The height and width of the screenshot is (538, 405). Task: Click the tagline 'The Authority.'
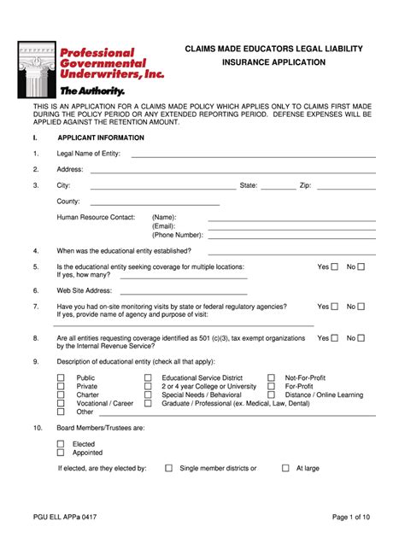click(91, 91)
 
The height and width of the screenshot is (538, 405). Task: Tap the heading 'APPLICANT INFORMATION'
click(101, 137)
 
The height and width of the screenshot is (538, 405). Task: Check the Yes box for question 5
click(335, 267)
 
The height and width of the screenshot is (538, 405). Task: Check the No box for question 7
click(361, 307)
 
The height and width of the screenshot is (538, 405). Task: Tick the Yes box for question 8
click(335, 338)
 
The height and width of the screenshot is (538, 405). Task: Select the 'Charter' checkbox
click(61, 395)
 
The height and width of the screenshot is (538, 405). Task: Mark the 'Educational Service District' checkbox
click(148, 377)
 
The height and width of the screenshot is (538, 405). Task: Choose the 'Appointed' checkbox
click(61, 453)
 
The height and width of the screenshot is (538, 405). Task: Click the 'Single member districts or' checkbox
click(169, 468)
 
